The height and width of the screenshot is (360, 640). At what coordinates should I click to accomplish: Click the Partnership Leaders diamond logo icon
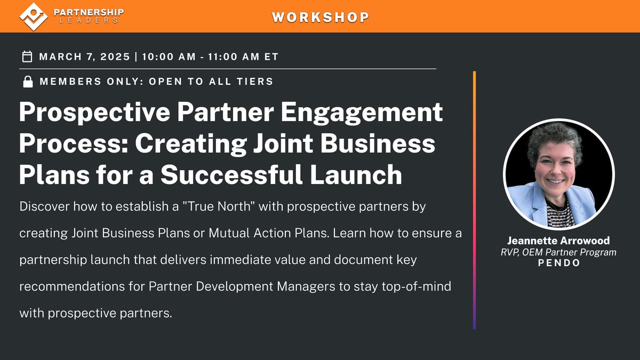(x=34, y=16)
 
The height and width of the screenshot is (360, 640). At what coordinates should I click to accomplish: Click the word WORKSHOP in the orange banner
(x=320, y=17)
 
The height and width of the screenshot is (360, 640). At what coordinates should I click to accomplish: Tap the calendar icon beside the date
(x=27, y=57)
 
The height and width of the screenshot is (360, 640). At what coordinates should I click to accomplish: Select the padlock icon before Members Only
(x=27, y=82)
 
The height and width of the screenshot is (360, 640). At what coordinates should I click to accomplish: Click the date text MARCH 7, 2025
(x=84, y=57)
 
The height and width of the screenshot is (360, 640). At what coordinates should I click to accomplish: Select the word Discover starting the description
(x=43, y=206)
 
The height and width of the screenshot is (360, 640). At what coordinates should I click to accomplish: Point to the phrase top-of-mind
(x=412, y=286)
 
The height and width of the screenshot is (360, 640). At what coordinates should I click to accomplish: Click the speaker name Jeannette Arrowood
(x=558, y=241)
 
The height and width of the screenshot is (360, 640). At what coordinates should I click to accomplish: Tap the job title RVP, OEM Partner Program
(x=558, y=252)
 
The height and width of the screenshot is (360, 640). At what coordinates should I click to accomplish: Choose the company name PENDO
(x=558, y=263)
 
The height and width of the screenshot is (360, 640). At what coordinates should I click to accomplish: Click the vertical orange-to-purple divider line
(x=474, y=200)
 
